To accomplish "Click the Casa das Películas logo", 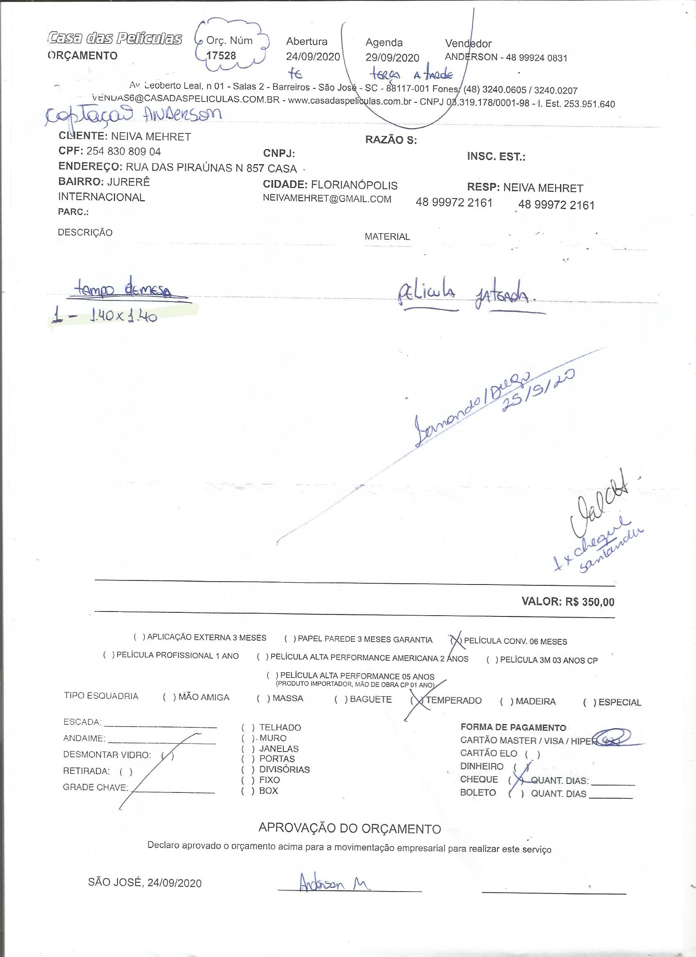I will coord(115,39).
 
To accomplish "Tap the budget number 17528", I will coord(221,55).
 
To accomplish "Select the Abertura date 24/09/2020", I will coord(313,56).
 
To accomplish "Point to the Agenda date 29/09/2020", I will coord(392,58).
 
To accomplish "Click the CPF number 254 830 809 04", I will coord(124,151).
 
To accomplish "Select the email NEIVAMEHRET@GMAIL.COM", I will coord(327,199).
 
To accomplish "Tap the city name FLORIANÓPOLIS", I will coord(354,185).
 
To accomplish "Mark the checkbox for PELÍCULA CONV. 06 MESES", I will coord(456,641).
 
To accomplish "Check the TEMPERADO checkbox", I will coord(419,700).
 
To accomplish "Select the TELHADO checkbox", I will coord(248,727).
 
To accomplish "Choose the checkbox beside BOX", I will coord(248,791).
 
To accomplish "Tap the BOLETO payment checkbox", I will coord(516,793).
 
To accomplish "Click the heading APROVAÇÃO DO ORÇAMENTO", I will coord(350,828).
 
